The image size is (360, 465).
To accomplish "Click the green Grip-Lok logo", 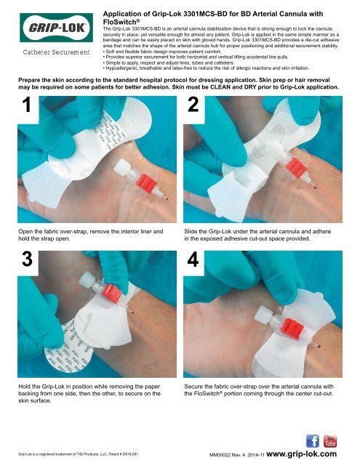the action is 57,28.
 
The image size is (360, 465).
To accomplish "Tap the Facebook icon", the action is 313,441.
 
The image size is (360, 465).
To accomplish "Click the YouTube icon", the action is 329,441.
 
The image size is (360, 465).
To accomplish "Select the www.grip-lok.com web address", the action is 302,453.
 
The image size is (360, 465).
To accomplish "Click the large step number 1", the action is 27,105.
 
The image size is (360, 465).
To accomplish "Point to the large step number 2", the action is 193,105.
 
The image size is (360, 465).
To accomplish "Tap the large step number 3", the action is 27,259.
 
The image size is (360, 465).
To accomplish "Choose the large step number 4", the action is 193,259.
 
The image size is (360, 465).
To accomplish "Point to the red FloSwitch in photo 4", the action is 292,329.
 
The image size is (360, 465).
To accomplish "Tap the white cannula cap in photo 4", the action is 263,315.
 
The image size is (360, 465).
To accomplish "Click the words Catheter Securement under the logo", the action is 57,52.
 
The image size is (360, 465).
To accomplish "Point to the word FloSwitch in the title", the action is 119,22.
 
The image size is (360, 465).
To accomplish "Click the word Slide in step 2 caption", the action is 190,231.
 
